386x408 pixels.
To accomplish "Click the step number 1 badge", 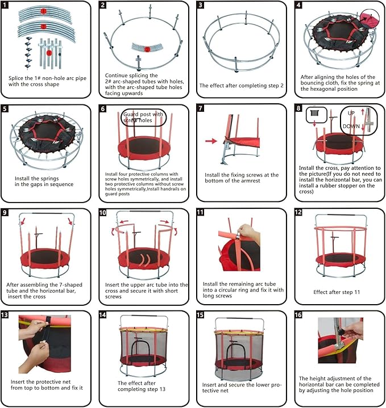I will [x=6, y=5].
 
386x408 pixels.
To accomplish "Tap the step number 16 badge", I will [x=299, y=315].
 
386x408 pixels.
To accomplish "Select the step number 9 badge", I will [x=6, y=212].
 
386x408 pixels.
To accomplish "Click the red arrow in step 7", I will [x=211, y=140].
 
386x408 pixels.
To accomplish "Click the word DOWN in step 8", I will [x=351, y=126].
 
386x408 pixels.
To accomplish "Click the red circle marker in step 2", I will [x=147, y=50].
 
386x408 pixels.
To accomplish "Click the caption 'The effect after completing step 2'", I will [x=241, y=86].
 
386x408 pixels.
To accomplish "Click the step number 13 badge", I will [x=6, y=315].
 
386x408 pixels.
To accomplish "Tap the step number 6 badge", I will [x=103, y=108].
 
